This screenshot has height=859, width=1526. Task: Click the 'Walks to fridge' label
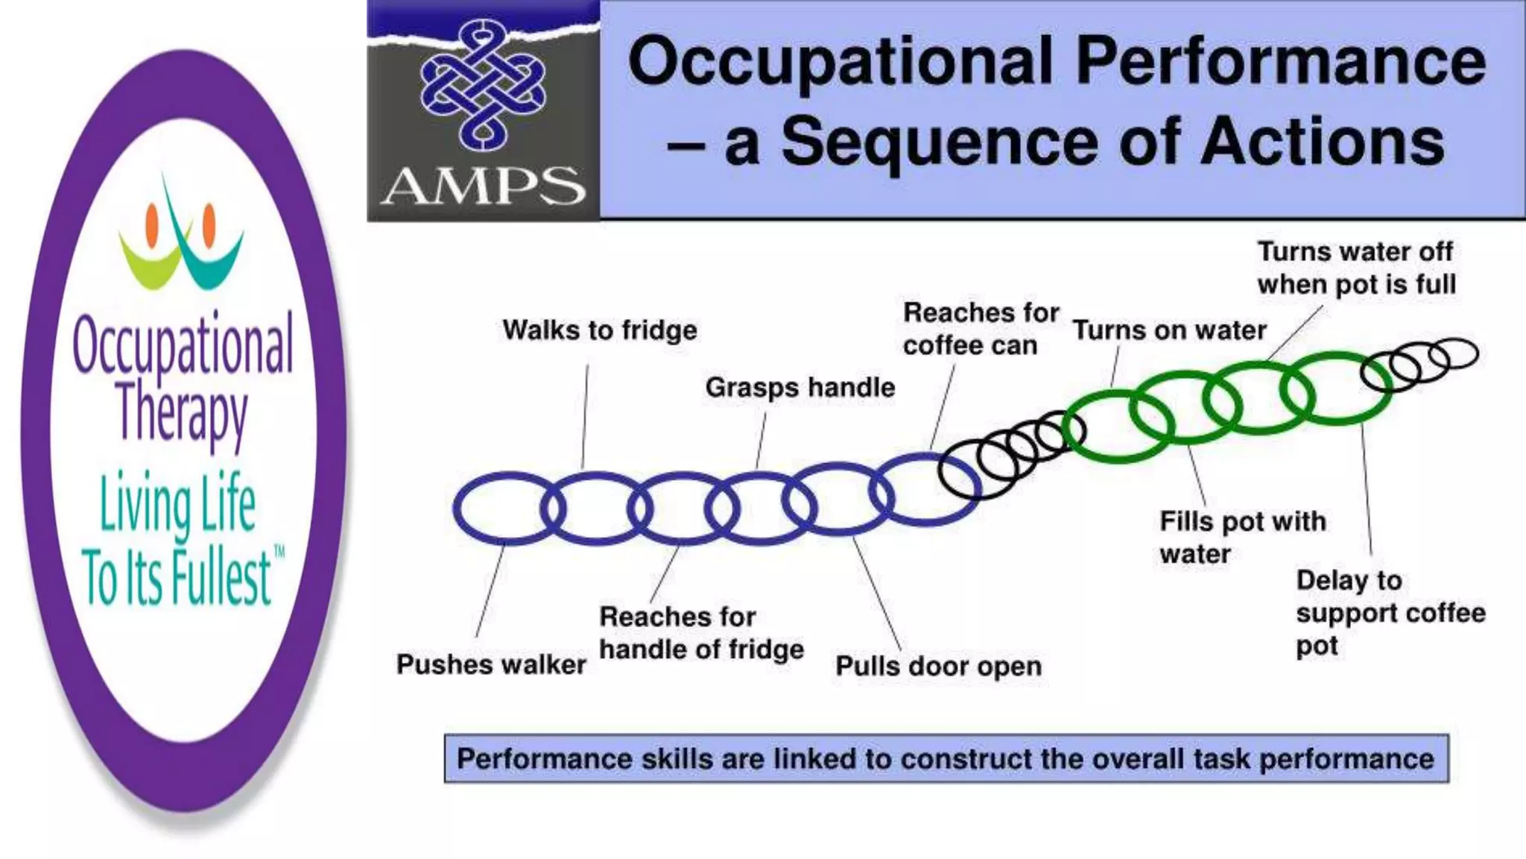pyautogui.click(x=600, y=330)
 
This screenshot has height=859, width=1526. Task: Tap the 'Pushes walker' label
pyautogui.click(x=491, y=664)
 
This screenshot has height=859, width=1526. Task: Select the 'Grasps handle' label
pyautogui.click(x=800, y=388)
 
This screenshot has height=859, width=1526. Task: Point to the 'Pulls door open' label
pyautogui.click(x=938, y=666)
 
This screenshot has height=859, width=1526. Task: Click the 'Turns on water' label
pyautogui.click(x=1169, y=330)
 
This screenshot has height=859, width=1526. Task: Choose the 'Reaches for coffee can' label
pyautogui.click(x=980, y=329)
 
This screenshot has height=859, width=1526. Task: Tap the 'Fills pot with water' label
pyautogui.click(x=1242, y=537)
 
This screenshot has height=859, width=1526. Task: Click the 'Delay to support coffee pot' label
pyautogui.click(x=1390, y=612)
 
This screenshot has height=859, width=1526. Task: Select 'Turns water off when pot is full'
pyautogui.click(x=1356, y=268)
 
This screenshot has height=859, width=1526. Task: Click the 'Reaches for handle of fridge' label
pyautogui.click(x=701, y=633)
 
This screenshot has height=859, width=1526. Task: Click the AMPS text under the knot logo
pyautogui.click(x=483, y=186)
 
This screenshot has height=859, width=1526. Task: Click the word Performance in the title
pyautogui.click(x=1281, y=61)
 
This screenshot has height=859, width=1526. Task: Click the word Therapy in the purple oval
pyautogui.click(x=183, y=412)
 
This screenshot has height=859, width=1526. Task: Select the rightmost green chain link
pyautogui.click(x=1337, y=389)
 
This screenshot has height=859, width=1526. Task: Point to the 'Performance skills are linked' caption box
pyautogui.click(x=946, y=758)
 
